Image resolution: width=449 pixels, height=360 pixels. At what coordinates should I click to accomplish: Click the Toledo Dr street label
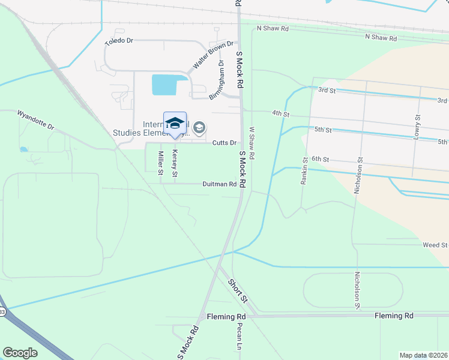pyautogui.click(x=118, y=42)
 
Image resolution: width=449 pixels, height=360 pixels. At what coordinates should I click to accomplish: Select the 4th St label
pyautogui.click(x=280, y=113)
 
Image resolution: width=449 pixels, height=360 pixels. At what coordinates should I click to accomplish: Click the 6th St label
pyautogui.click(x=321, y=160)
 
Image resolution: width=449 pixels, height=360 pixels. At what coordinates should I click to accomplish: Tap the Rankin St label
pyautogui.click(x=305, y=169)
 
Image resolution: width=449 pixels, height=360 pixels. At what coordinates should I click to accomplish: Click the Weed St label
pyautogui.click(x=435, y=245)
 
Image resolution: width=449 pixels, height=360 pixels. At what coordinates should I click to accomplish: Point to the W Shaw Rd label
pyautogui.click(x=252, y=143)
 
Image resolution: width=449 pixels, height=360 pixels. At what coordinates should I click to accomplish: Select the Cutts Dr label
pyautogui.click(x=224, y=143)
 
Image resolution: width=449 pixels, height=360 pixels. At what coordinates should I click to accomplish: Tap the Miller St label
pyautogui.click(x=161, y=163)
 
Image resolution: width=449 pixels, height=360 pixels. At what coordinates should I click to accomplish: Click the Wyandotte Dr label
pyautogui.click(x=35, y=120)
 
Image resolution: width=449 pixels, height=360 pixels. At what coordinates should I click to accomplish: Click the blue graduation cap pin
pyautogui.click(x=175, y=124)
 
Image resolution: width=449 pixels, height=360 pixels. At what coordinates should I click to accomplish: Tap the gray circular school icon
pyautogui.click(x=199, y=127)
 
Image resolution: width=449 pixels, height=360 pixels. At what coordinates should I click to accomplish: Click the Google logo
pyautogui.click(x=20, y=353)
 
